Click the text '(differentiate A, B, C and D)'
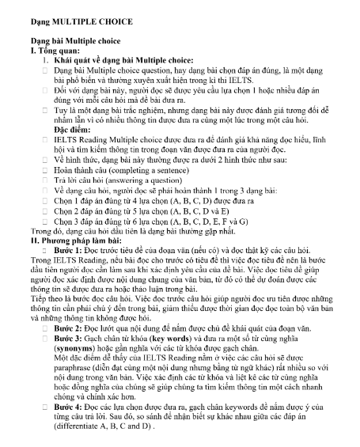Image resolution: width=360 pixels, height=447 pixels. coord(103,426)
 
